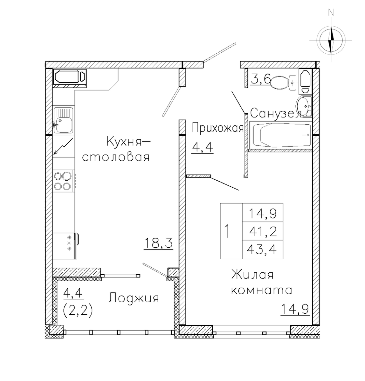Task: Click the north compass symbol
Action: pos(331,40)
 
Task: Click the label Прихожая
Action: pos(217,128)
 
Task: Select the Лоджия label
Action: pos(134,298)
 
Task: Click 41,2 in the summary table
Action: pos(263,231)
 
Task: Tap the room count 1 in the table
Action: pos(227,231)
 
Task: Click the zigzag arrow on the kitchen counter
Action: pos(63,146)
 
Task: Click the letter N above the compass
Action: pos(331,12)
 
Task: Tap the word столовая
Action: pos(116,157)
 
